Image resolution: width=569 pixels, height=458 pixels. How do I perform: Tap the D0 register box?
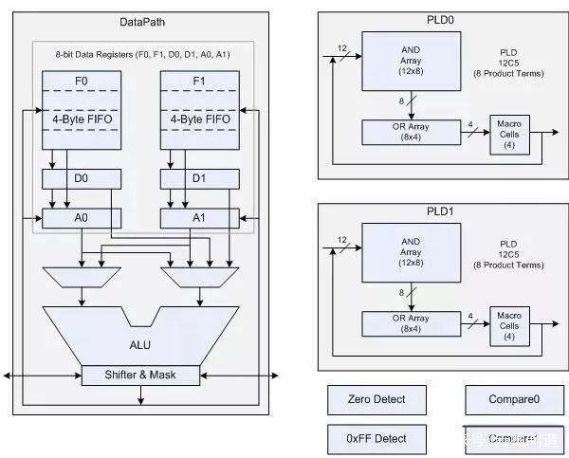coord(82,177)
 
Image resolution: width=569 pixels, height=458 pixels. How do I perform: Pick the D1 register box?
coord(198,177)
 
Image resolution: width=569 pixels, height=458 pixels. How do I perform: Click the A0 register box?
coord(82,219)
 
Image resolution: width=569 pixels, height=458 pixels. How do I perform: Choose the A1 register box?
coord(198,219)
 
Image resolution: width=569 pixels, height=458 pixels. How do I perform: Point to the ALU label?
coord(140,334)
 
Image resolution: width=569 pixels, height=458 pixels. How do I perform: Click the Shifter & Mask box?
coord(141,375)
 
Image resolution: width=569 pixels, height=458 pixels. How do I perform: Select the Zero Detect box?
coord(377,400)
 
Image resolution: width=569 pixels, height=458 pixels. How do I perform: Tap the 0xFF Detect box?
coord(377,438)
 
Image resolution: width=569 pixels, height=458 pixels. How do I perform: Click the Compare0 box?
coord(512,400)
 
